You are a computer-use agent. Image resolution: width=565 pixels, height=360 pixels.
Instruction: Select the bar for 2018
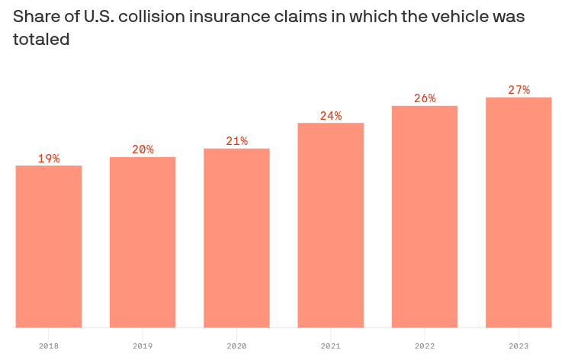(49, 246)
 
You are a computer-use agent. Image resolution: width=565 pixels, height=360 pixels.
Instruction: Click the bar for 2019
(143, 243)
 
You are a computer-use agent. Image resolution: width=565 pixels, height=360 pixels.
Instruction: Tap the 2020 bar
(236, 238)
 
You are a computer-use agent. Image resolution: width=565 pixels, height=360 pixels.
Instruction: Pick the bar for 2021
(330, 225)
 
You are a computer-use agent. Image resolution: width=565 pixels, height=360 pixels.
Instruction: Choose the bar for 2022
(425, 217)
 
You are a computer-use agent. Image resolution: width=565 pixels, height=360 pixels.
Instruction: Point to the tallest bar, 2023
(518, 212)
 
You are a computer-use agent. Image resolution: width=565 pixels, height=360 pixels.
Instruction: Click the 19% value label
(49, 159)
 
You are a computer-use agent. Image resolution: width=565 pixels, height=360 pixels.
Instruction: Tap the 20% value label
(143, 149)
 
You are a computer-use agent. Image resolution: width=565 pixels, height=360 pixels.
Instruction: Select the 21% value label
(236, 141)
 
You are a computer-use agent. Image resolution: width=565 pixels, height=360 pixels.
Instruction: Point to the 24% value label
(330, 116)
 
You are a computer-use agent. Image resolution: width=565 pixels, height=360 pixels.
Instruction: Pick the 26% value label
(425, 98)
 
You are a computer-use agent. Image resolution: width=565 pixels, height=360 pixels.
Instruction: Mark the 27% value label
(518, 90)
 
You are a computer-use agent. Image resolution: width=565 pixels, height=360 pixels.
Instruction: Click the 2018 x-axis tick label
(49, 346)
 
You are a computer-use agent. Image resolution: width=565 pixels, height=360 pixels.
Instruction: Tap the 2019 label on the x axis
(143, 346)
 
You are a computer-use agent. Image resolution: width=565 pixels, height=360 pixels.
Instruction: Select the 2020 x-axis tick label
(236, 346)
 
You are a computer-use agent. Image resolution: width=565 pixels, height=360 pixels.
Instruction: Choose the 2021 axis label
(330, 346)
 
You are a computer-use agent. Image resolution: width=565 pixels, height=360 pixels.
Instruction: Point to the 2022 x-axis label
(425, 346)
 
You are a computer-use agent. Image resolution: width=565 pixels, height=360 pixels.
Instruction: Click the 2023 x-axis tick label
(518, 346)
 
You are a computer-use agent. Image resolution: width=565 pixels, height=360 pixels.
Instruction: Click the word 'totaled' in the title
(41, 40)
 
